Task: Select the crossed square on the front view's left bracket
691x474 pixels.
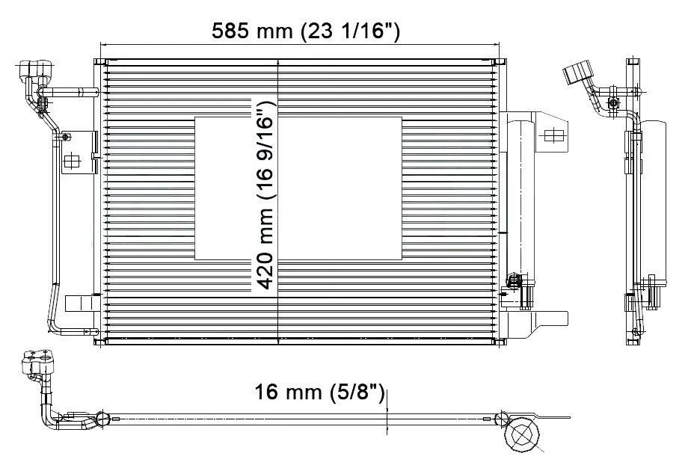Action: (x=72, y=161)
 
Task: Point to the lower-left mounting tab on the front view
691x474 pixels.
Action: (x=78, y=304)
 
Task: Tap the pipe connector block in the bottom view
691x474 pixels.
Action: (x=37, y=366)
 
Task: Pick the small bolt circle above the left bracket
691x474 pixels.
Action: (x=67, y=136)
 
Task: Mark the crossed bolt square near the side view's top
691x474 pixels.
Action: (x=614, y=102)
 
